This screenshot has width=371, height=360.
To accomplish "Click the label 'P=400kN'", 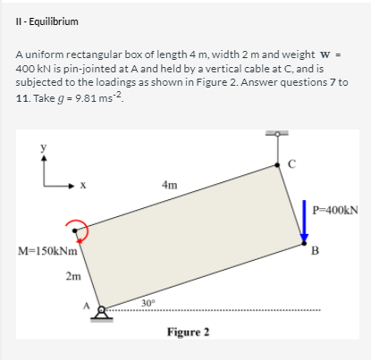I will tap(336, 212).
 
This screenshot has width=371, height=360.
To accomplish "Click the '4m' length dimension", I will tap(169, 185).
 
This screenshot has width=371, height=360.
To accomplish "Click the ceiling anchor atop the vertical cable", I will tap(277, 135).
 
